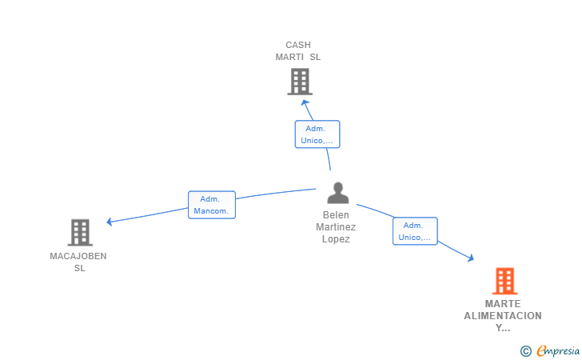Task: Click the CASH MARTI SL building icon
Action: click(x=300, y=82)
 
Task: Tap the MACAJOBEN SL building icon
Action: click(x=80, y=233)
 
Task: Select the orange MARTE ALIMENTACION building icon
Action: click(x=505, y=281)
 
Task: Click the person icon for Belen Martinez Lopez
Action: click(x=337, y=193)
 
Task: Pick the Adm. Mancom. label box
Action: click(x=212, y=205)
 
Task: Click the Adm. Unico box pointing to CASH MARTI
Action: click(x=317, y=134)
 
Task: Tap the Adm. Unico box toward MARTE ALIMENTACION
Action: click(x=415, y=231)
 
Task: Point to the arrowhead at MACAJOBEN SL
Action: click(x=110, y=222)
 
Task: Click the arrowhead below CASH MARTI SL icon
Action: click(x=305, y=102)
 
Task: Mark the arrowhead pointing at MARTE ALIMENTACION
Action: click(x=471, y=258)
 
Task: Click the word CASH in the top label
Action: click(x=298, y=45)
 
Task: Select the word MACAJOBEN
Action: click(x=78, y=256)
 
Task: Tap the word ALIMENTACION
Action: click(x=503, y=316)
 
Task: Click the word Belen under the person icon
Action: click(x=336, y=215)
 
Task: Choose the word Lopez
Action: click(x=336, y=239)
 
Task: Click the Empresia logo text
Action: click(x=558, y=350)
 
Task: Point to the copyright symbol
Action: click(x=526, y=351)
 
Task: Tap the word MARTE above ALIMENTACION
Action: click(x=503, y=304)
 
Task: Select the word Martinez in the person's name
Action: click(x=336, y=227)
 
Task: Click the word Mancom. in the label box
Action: click(x=211, y=211)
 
